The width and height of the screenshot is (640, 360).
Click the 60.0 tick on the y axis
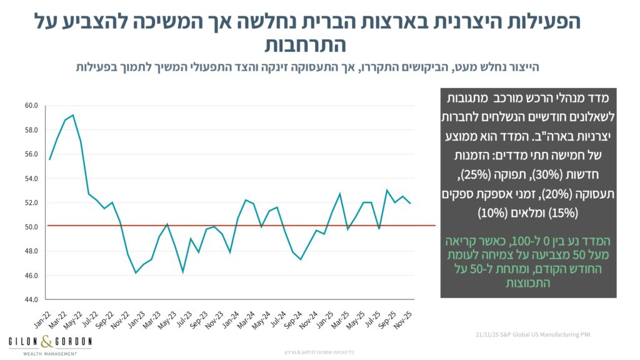(x=32, y=106)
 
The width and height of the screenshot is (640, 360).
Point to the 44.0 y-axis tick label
(x=32, y=300)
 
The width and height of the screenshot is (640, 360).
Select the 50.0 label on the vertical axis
(x=32, y=227)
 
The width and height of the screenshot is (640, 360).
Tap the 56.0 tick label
(x=32, y=154)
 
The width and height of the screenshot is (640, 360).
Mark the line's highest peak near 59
(x=73, y=115)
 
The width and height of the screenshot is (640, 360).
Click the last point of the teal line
(x=411, y=203)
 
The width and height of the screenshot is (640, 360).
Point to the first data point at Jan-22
(x=49, y=159)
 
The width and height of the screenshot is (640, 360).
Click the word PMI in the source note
(x=585, y=336)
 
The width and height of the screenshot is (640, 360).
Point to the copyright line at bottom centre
(x=319, y=352)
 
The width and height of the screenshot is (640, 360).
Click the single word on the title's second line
(x=305, y=45)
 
